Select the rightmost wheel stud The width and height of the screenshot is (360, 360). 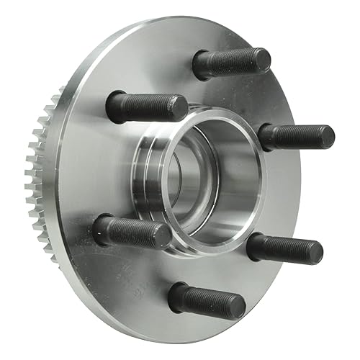pyautogui.click(x=297, y=136)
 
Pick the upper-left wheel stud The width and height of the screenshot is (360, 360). pyautogui.click(x=147, y=107)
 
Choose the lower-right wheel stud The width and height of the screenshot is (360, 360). pyautogui.click(x=285, y=249)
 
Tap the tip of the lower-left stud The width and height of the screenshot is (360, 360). pyautogui.click(x=167, y=235)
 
